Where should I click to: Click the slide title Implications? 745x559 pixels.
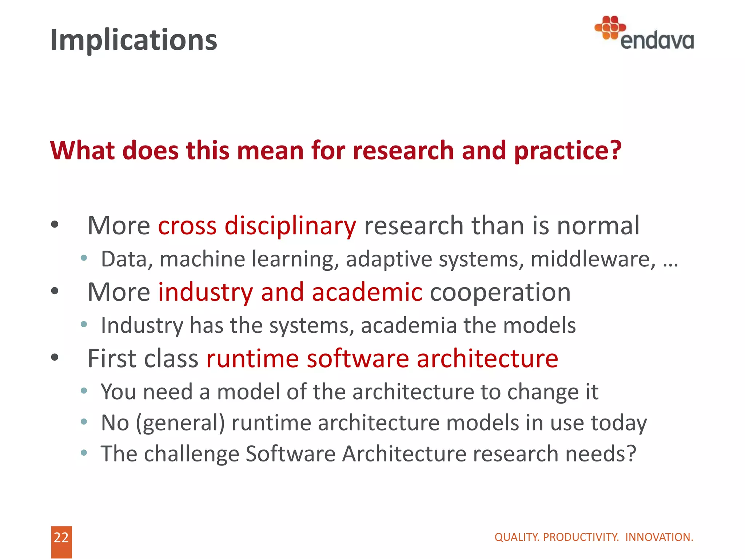click(134, 40)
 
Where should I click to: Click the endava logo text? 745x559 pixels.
click(657, 40)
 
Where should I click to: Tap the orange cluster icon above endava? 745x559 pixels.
click(610, 27)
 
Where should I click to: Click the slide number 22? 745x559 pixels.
click(61, 538)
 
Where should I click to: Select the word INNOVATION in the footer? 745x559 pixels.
click(659, 537)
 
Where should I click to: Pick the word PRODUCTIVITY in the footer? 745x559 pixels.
click(581, 537)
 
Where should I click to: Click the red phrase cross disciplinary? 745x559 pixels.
click(257, 226)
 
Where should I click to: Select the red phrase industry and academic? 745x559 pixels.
click(290, 292)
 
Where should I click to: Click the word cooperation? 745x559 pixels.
click(500, 292)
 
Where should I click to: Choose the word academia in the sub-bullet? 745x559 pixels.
click(409, 325)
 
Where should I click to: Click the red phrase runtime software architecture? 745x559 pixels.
click(382, 358)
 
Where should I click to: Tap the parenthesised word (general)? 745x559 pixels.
click(180, 423)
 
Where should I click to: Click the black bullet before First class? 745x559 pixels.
click(55, 357)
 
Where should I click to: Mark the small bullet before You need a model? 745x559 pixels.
click(84, 391)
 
